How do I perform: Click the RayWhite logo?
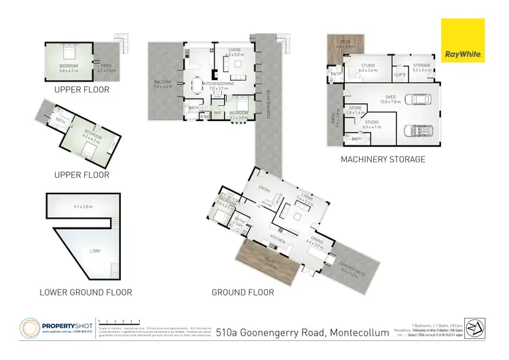click(464, 41)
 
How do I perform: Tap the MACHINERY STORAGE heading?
click(383, 160)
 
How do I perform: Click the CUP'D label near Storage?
click(400, 73)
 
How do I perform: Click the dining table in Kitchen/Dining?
click(197, 86)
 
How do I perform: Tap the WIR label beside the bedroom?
click(216, 113)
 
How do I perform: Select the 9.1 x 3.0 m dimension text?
click(82, 206)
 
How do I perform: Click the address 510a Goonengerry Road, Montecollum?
click(307, 332)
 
